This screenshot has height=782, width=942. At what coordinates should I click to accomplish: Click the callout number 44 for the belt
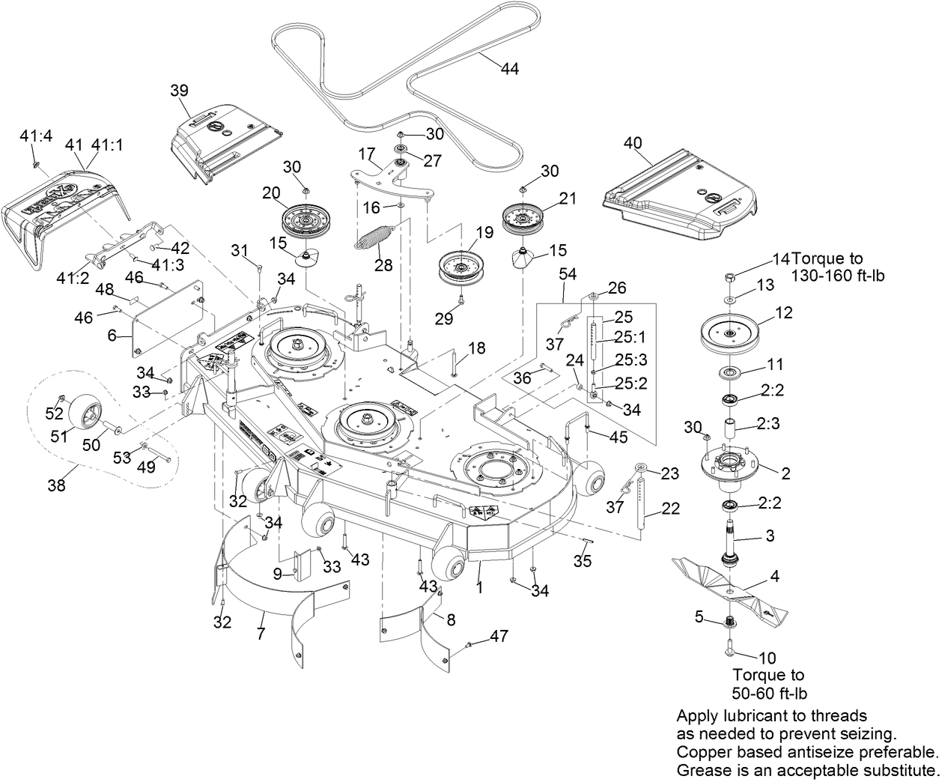pyautogui.click(x=509, y=68)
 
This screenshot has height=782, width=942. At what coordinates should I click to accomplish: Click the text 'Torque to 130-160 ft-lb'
pyautogui.click(x=838, y=267)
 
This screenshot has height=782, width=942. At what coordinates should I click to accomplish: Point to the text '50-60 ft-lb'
pyautogui.click(x=770, y=693)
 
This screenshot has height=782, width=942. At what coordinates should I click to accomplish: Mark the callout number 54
pyautogui.click(x=568, y=274)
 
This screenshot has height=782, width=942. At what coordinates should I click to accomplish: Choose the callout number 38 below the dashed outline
pyautogui.click(x=56, y=485)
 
